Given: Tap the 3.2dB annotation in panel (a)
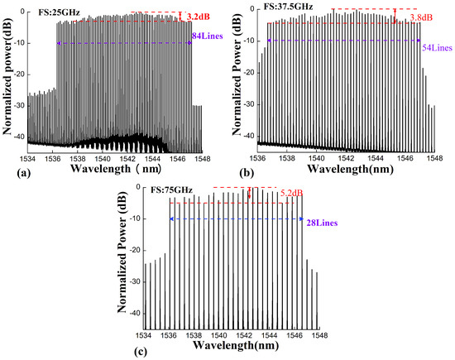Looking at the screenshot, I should click(x=199, y=17).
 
